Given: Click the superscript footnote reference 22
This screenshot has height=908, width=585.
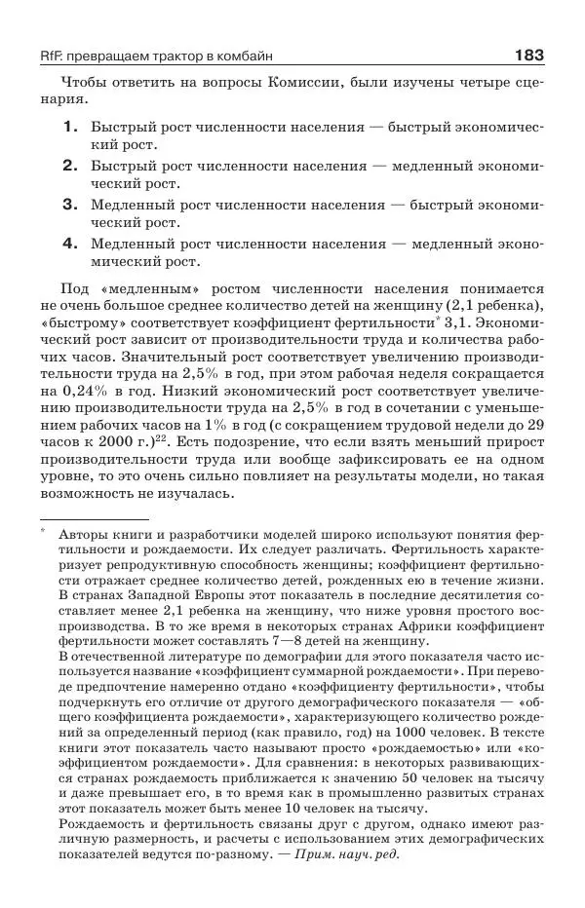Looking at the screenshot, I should click(163, 443).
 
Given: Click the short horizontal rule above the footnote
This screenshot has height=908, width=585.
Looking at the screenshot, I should click(93, 521).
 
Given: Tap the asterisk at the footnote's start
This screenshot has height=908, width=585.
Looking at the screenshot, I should click(44, 532).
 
